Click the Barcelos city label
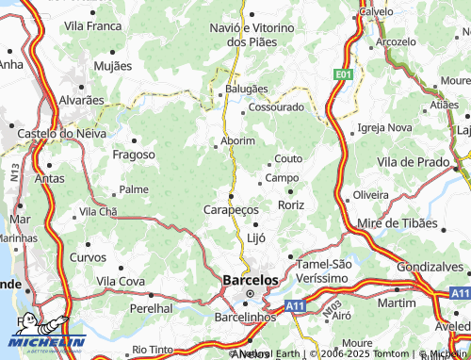pos(251,280)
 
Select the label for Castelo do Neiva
pos(57,134)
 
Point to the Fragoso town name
pos(133,155)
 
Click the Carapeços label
pos(231,209)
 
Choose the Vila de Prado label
pos(413,162)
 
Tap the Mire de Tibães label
pos(399,223)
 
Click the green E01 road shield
pos(343,74)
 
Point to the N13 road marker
pos(14,172)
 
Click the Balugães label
pos(246,89)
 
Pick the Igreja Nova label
pos(385,127)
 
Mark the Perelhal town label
pos(152,308)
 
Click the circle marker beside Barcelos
pos(250,295)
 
